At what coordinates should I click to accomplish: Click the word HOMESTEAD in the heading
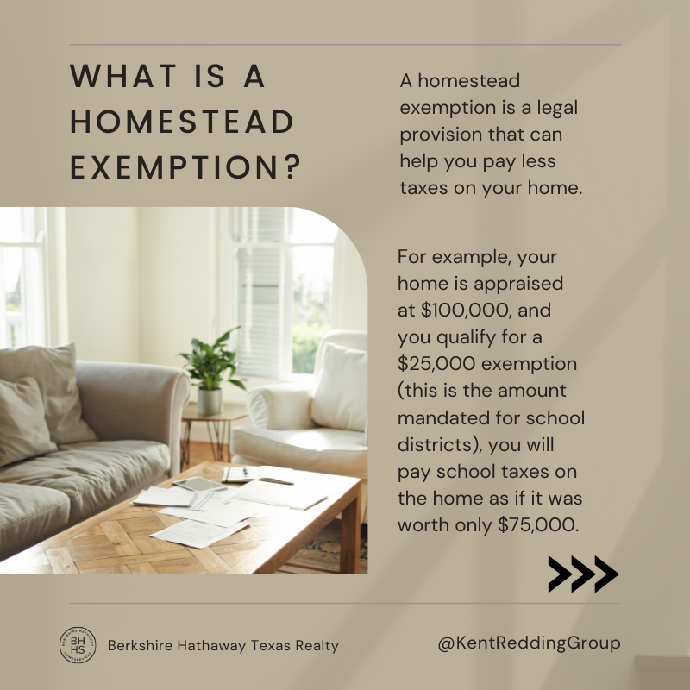182,122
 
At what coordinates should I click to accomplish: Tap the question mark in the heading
292,166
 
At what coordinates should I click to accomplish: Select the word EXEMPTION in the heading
174,166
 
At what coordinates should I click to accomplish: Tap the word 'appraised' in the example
518,285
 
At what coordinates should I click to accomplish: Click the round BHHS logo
78,645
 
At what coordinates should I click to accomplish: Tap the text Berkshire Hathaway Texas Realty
223,645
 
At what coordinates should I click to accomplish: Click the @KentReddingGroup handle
529,643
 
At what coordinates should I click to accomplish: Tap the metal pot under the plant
210,401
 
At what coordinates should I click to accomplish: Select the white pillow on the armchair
339,387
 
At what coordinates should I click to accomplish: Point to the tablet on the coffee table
199,484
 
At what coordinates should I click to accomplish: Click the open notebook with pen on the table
256,474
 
